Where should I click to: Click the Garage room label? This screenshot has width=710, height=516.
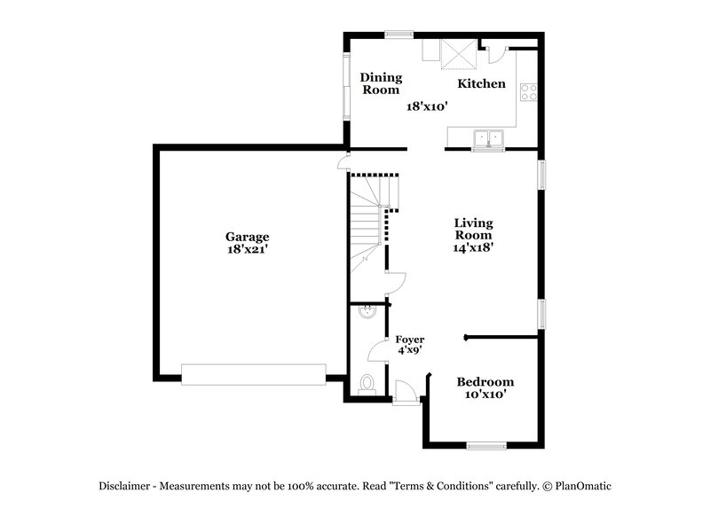(247, 237)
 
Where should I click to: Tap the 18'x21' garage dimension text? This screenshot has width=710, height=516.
(247, 250)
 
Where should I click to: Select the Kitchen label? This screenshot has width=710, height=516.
(481, 84)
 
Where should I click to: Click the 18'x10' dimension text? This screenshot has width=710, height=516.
(426, 106)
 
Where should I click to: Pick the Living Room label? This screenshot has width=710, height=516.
(473, 229)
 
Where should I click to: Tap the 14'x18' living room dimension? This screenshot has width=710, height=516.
(473, 248)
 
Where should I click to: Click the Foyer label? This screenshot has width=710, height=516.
(409, 340)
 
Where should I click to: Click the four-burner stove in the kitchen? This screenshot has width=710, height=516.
(528, 89)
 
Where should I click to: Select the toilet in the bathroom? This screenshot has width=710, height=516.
(367, 384)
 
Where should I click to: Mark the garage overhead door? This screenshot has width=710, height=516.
(253, 374)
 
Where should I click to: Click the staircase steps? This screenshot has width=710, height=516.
(366, 222)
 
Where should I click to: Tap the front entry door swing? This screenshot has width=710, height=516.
(403, 391)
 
